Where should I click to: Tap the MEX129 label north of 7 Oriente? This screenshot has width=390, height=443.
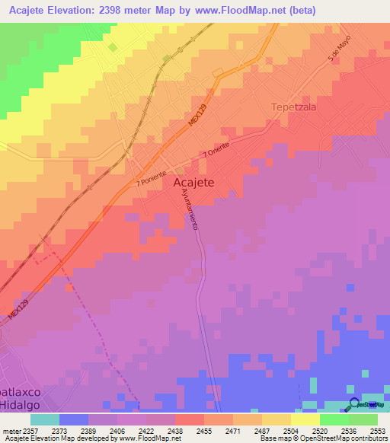[198, 123]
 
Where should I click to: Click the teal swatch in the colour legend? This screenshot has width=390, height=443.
[44, 419]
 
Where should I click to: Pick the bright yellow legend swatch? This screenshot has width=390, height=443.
[305, 419]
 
